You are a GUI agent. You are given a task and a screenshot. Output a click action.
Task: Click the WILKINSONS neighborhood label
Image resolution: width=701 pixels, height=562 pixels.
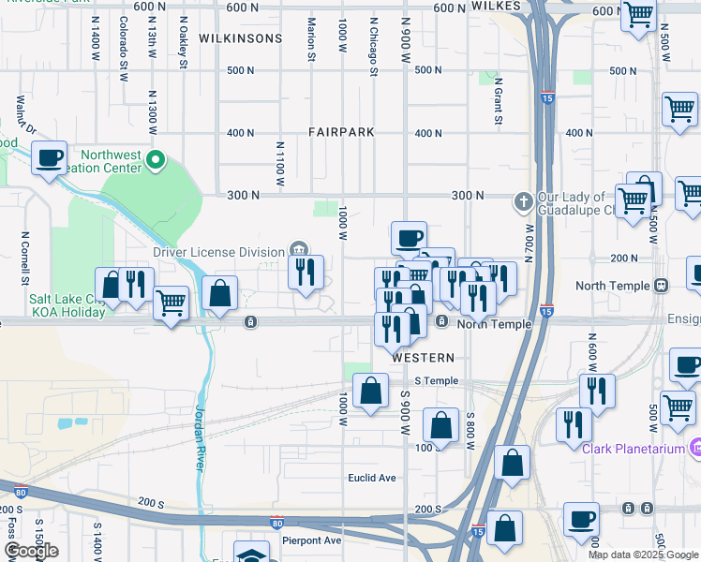tap(240, 38)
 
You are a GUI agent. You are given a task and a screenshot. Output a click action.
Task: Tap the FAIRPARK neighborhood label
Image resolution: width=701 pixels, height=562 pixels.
tap(341, 133)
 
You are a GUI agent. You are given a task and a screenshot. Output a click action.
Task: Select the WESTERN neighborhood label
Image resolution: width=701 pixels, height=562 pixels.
tap(423, 358)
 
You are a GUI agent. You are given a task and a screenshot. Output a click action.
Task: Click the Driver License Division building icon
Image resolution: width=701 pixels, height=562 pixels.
tap(298, 249)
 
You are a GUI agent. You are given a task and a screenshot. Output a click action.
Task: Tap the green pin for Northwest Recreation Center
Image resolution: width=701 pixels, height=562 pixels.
tap(157, 163)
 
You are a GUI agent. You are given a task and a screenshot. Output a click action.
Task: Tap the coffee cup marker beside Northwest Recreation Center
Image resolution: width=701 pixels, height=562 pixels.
tap(50, 157)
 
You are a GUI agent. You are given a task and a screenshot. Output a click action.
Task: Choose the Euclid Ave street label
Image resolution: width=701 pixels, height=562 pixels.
tap(372, 478)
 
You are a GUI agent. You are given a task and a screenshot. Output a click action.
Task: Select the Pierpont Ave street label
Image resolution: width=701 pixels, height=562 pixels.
tap(312, 540)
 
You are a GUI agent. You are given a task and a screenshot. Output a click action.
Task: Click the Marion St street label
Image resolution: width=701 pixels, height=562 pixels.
tap(311, 40)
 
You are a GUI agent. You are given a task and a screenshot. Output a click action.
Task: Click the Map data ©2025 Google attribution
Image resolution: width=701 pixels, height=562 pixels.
tap(644, 555)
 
